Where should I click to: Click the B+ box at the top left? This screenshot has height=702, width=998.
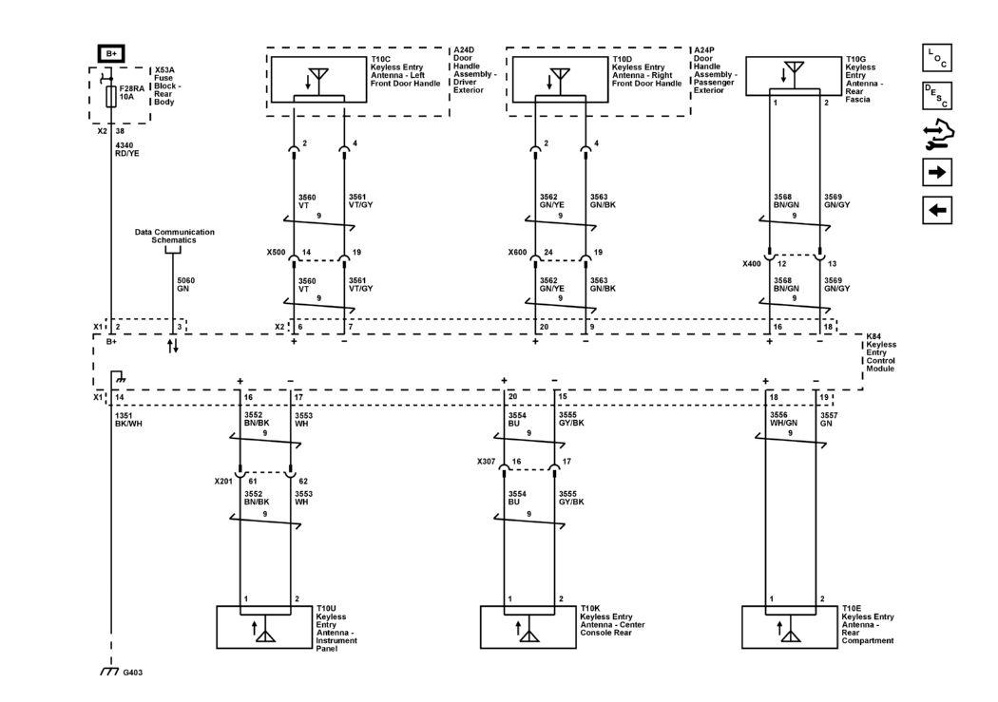coord(111,53)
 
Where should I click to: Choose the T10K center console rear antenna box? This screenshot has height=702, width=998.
coord(528,626)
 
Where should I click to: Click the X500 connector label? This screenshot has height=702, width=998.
coord(277,254)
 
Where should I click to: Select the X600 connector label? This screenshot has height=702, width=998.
coord(518,254)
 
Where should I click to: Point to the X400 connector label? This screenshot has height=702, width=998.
coord(752,262)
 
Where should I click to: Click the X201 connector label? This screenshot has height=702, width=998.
coord(224,481)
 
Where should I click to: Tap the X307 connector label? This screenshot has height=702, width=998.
coord(488,462)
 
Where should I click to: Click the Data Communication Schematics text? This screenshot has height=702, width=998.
coord(174,237)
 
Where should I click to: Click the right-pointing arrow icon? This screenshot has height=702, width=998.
coord(936,172)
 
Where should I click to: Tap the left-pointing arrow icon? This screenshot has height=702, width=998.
coord(936,210)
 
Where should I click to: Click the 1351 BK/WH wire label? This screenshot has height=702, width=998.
coord(126,419)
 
